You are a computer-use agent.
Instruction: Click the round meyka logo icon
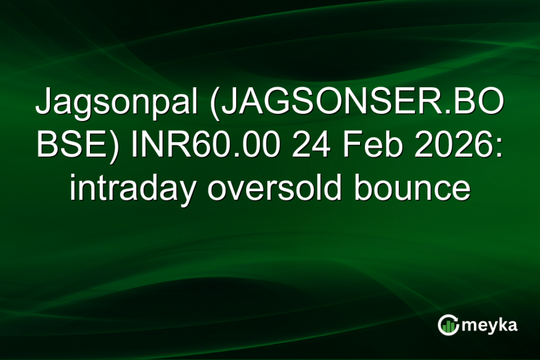point(448,324)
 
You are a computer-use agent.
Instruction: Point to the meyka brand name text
point(490,325)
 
